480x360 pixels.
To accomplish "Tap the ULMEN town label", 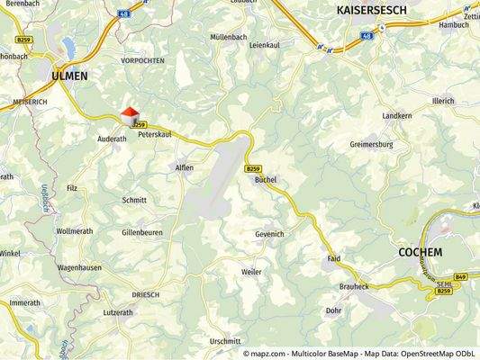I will [69, 76].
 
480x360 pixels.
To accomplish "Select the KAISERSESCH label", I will [370, 10].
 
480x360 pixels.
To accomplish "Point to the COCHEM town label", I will [420, 253].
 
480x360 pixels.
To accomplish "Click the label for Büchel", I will [265, 180].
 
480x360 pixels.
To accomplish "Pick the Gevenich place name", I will [269, 233].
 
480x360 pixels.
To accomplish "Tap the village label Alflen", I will [184, 167].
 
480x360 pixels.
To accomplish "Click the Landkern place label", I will [396, 117].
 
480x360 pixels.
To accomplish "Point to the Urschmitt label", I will [225, 341].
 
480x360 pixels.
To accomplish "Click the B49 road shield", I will [461, 276].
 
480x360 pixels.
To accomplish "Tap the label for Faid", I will [333, 258].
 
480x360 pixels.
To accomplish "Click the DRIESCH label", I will [146, 294].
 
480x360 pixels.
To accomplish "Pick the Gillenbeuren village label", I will [142, 232].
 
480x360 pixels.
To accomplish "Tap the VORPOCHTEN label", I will [143, 60].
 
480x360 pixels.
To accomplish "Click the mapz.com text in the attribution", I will [274, 354].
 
